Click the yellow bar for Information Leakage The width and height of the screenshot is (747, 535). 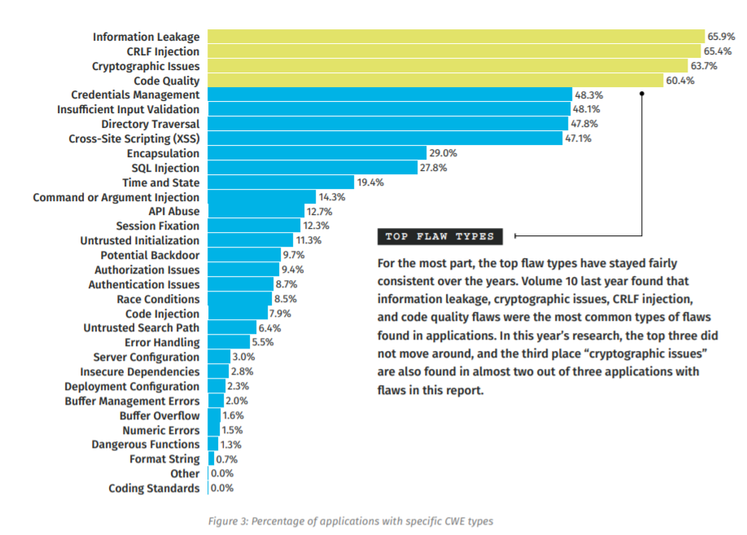(x=456, y=37)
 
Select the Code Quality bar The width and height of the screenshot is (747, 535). (x=435, y=80)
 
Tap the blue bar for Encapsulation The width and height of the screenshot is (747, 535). (x=317, y=153)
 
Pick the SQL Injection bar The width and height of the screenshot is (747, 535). (x=312, y=168)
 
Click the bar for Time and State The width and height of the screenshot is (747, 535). (x=281, y=182)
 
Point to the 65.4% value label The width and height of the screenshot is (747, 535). (x=719, y=51)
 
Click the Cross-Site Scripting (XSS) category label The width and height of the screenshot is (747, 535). (x=133, y=138)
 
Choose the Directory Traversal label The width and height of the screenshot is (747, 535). (x=150, y=124)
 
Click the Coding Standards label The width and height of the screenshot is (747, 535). (x=154, y=489)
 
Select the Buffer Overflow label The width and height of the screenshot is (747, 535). (x=159, y=415)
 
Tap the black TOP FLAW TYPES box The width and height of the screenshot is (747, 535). (x=440, y=237)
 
